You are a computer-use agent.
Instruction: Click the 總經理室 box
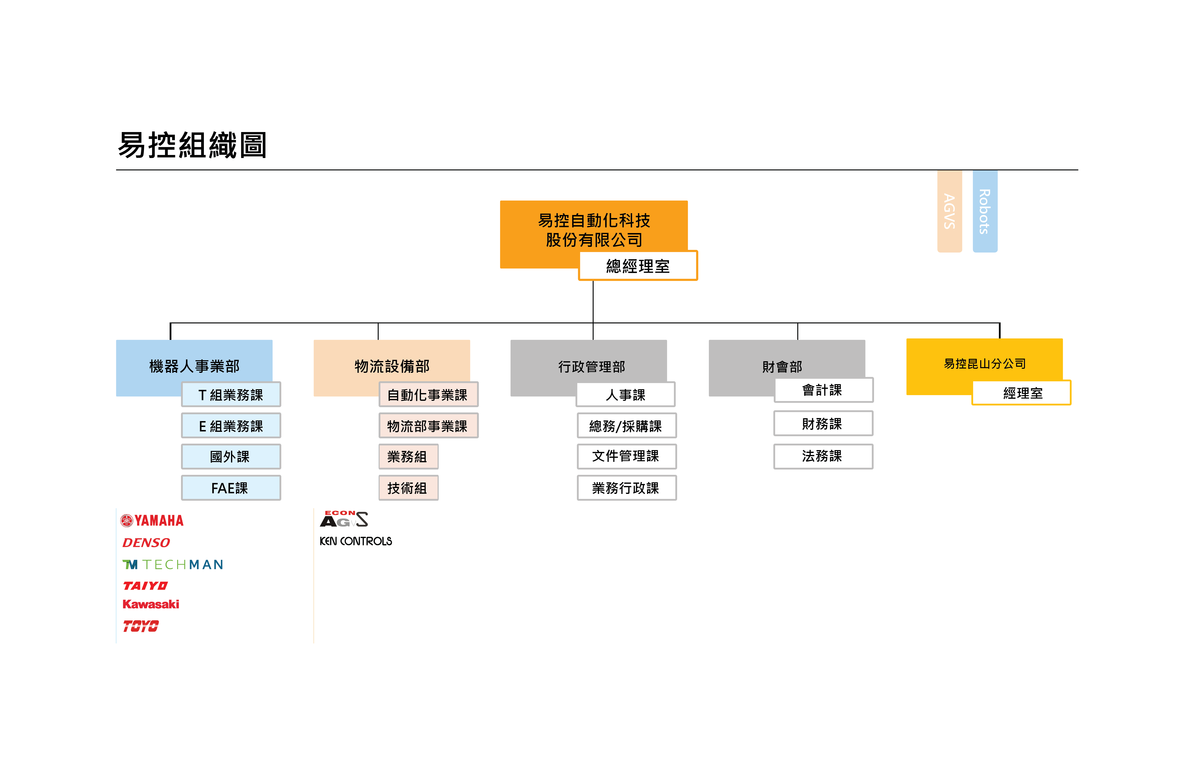point(638,265)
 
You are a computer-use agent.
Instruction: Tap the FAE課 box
point(231,488)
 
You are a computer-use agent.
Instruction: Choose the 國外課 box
point(231,456)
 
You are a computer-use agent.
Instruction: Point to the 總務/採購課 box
point(627,425)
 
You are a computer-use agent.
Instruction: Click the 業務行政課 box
point(627,488)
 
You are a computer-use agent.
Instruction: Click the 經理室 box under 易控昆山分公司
point(1021,392)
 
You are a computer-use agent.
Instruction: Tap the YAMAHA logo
point(152,520)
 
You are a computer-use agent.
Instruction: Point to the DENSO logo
point(146,542)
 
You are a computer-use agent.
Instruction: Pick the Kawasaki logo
point(150,604)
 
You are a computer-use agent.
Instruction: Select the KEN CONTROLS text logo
point(356,541)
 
